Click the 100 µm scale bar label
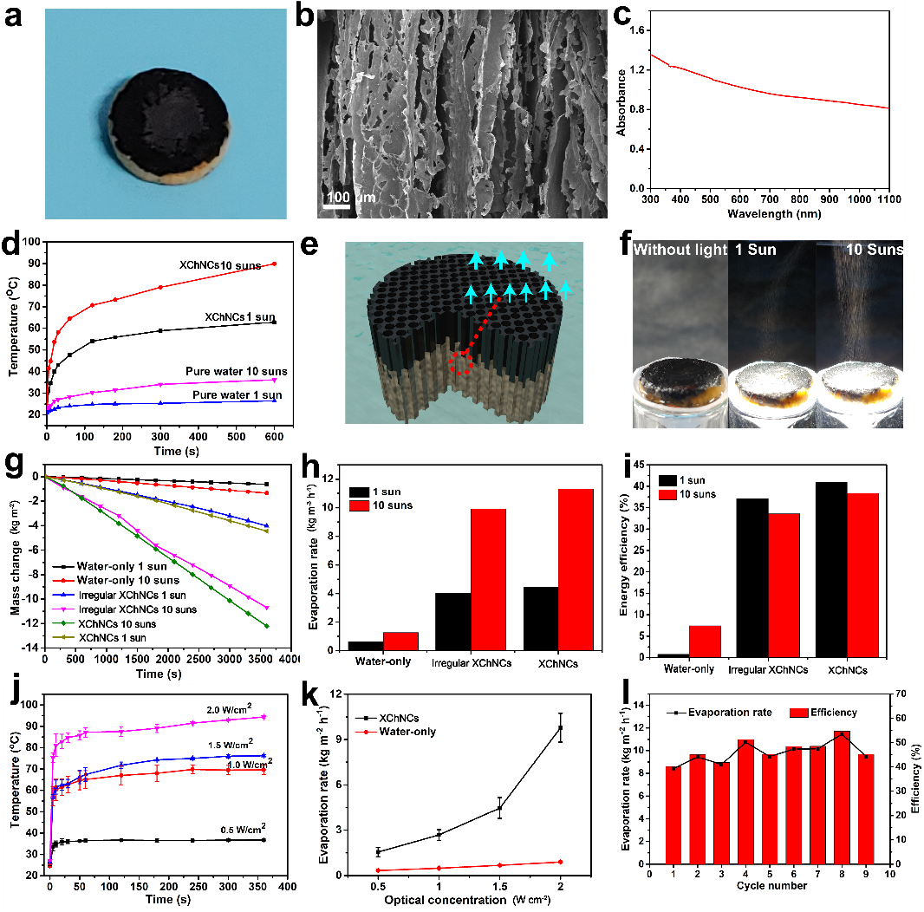(x=350, y=197)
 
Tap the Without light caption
(x=677, y=251)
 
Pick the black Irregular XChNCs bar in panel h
(x=452, y=621)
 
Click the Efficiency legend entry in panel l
(x=824, y=713)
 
